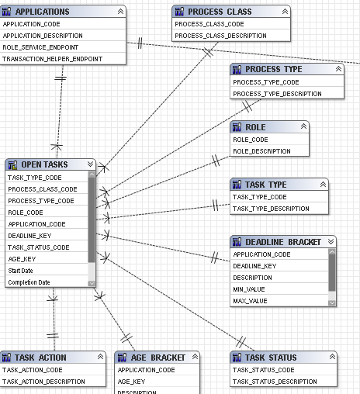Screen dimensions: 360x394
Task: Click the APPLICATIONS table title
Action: [x=43, y=12]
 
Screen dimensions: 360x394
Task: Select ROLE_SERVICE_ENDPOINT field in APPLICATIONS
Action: [x=40, y=47]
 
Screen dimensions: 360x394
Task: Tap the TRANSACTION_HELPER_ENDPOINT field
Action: [x=53, y=59]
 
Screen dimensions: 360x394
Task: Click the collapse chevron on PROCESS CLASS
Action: [x=285, y=12]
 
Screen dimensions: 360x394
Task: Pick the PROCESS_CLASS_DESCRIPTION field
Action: [x=220, y=36]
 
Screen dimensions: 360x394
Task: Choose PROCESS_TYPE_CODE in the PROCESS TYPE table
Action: [x=266, y=82]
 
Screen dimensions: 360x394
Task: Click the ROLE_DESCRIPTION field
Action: [x=261, y=151]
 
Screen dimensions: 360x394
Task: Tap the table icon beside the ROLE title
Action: [x=237, y=127]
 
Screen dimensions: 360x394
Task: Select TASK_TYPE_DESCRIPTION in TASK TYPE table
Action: [x=271, y=209]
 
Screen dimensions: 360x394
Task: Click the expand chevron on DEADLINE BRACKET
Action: [x=331, y=242]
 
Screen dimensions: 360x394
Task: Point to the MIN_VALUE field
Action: [x=249, y=289]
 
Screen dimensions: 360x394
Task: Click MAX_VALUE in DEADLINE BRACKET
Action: [x=250, y=301]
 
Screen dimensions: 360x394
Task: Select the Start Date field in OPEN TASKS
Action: [x=20, y=271]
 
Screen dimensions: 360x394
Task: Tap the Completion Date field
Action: [x=29, y=282]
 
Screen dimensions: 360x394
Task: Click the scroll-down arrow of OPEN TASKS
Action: [x=92, y=284]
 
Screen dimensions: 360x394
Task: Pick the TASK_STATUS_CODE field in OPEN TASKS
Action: [x=39, y=247]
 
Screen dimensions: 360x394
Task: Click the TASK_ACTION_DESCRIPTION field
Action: [x=43, y=382]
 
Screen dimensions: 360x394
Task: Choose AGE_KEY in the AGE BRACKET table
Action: [x=131, y=382]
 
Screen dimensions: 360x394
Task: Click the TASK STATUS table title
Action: [x=271, y=358]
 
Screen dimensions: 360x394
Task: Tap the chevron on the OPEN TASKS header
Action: [x=90, y=164]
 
